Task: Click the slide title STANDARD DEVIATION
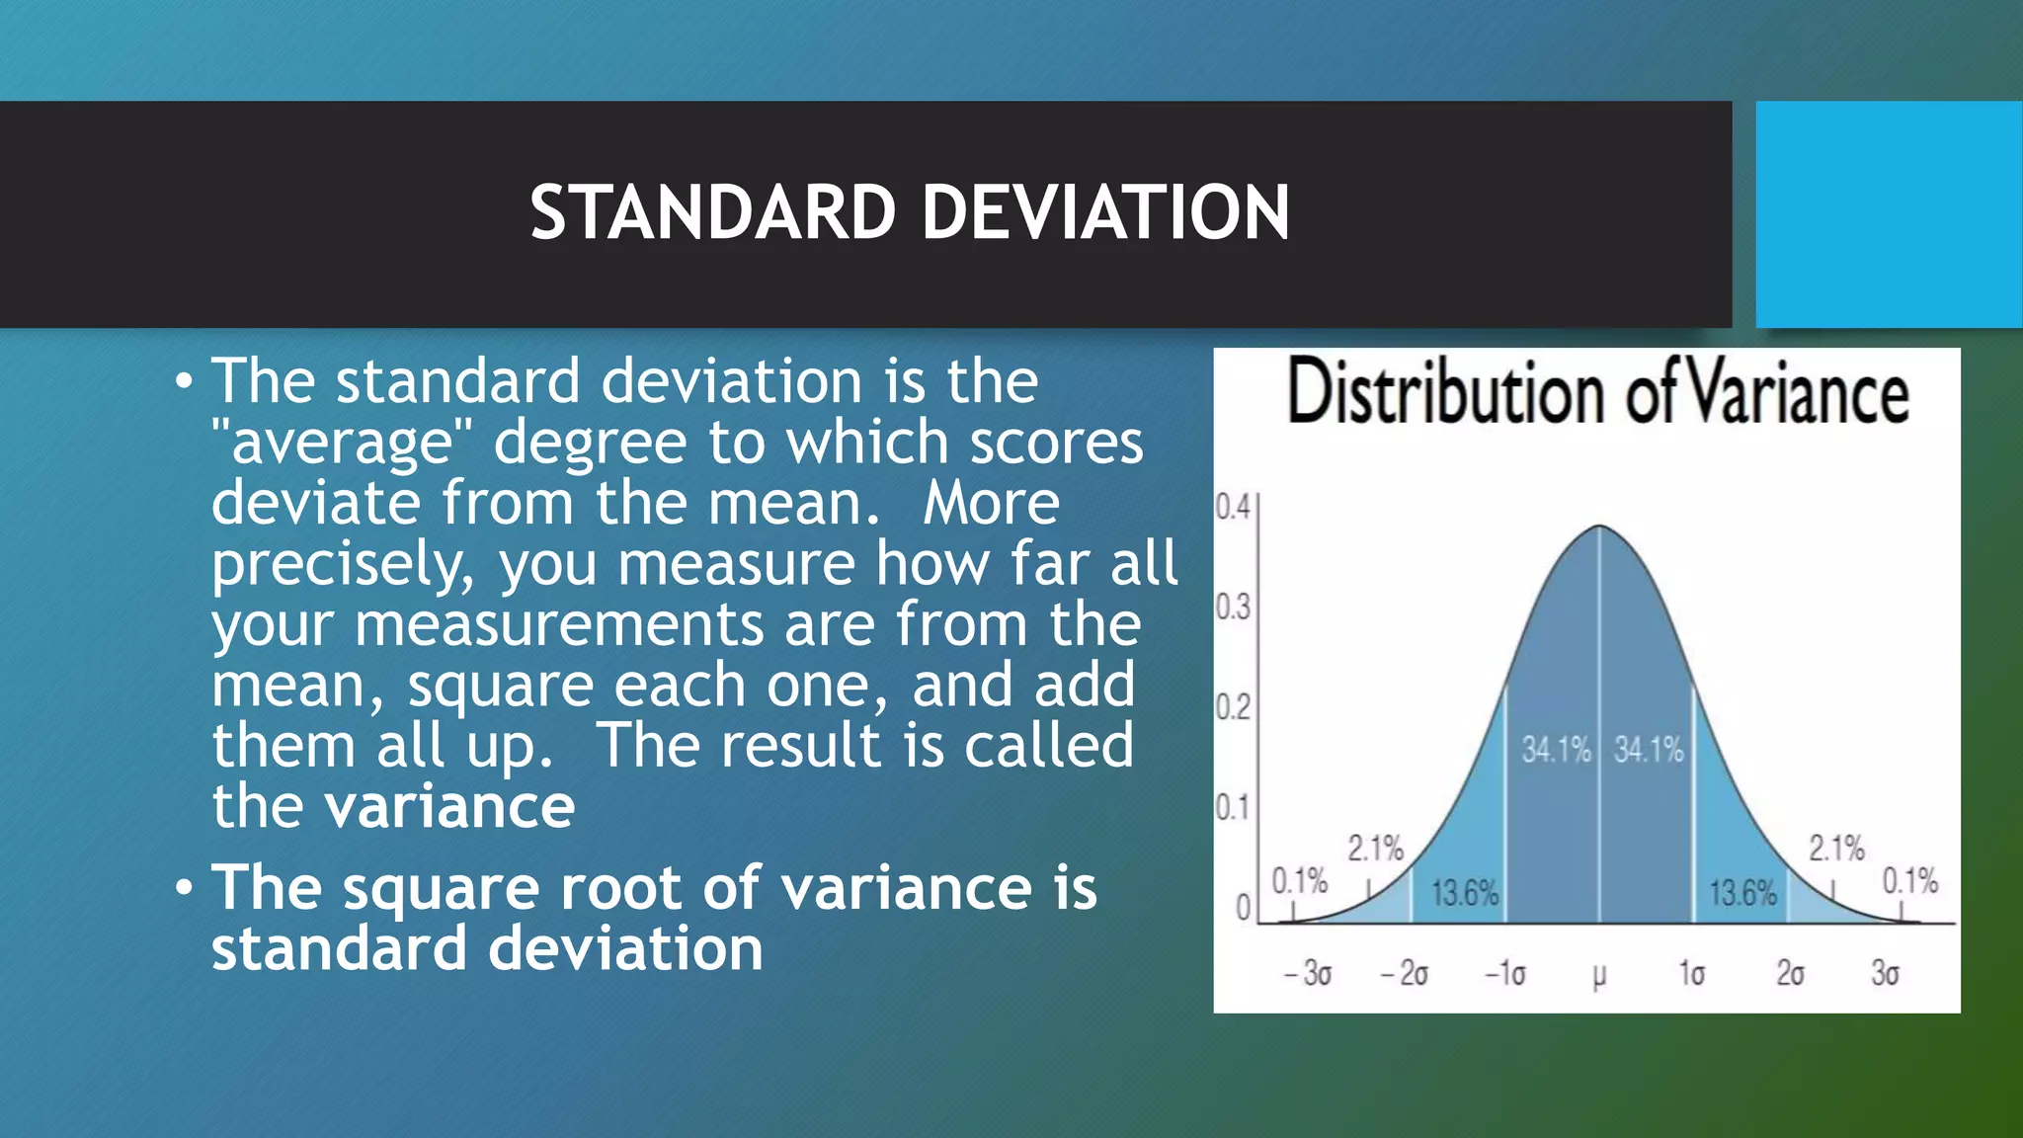point(909,212)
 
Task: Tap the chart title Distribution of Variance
point(1597,393)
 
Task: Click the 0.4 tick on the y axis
point(1233,507)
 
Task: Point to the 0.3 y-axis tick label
point(1233,607)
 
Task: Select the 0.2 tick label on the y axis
point(1233,707)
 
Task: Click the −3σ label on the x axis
point(1308,973)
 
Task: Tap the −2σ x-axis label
point(1405,973)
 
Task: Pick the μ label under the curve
point(1599,975)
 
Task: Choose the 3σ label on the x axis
point(1885,973)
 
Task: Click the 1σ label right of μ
point(1692,973)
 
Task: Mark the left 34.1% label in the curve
point(1556,750)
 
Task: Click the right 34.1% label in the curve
point(1649,750)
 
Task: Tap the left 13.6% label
point(1465,894)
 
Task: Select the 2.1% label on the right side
point(1836,848)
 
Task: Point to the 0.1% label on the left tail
point(1299,880)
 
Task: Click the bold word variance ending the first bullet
point(450,806)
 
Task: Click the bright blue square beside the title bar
point(1889,213)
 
